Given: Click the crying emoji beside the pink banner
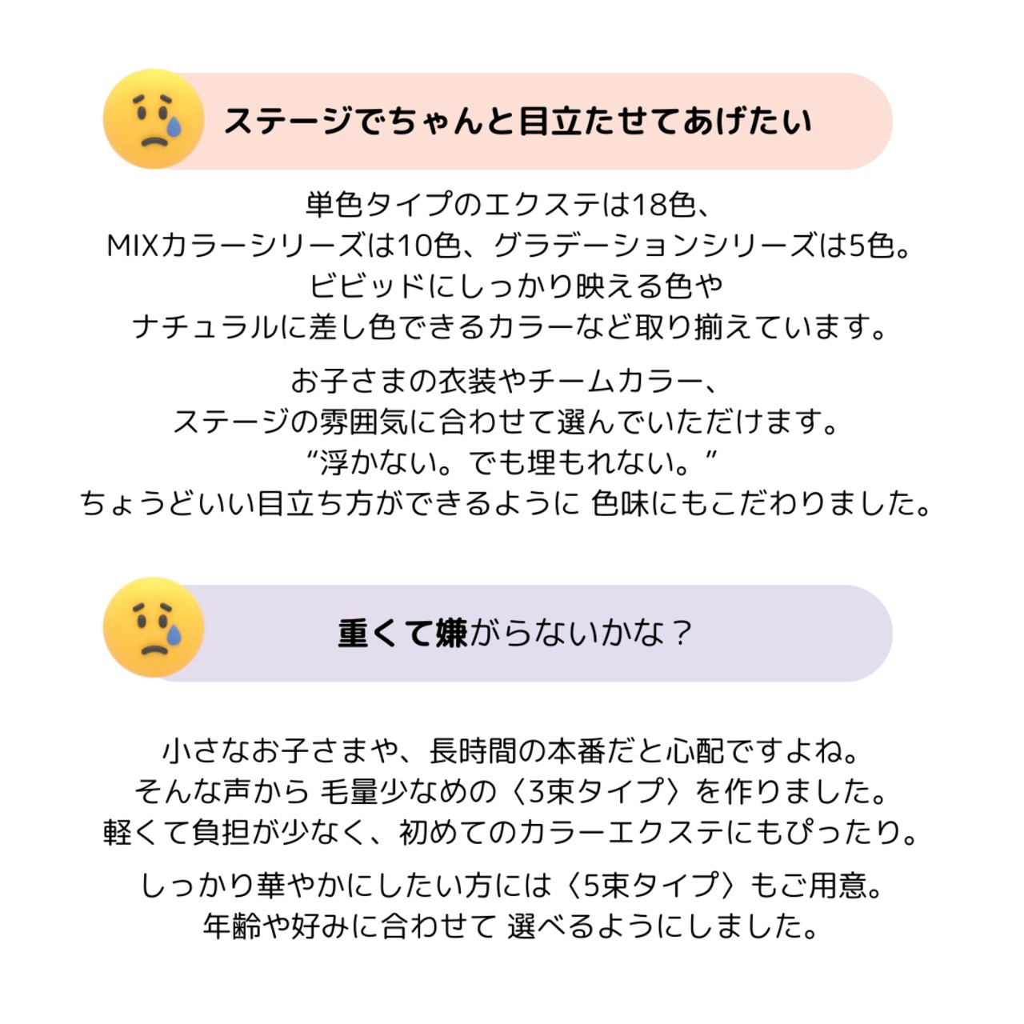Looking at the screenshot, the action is (153, 119).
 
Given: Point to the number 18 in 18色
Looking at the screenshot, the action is (650, 206).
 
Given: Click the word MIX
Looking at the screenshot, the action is (133, 246).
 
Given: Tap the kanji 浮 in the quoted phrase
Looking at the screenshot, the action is (334, 462).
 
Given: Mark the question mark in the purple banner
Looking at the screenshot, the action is (682, 634).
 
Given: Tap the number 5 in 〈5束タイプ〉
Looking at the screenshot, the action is (591, 886).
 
